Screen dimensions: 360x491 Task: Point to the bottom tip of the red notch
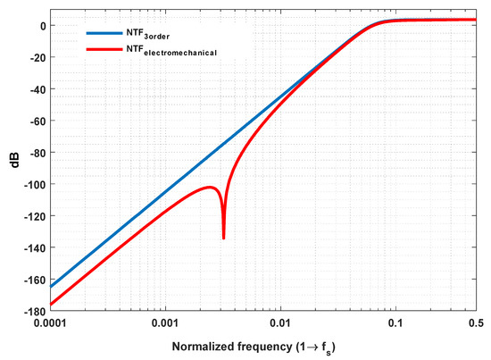(223, 238)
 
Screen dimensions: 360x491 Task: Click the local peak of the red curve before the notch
(210, 187)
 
